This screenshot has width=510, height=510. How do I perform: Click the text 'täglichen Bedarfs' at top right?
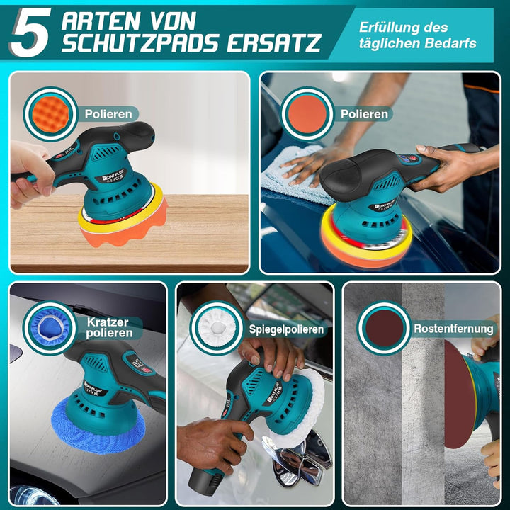[x=416, y=44]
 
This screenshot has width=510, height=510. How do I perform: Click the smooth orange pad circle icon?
[x=307, y=113]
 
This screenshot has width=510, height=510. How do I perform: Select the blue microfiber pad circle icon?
[x=50, y=327]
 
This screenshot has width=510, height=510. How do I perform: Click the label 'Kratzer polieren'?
[x=108, y=327]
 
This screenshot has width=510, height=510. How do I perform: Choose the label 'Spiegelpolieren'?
[x=286, y=329]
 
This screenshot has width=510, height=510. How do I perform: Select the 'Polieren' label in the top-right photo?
[x=364, y=113]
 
